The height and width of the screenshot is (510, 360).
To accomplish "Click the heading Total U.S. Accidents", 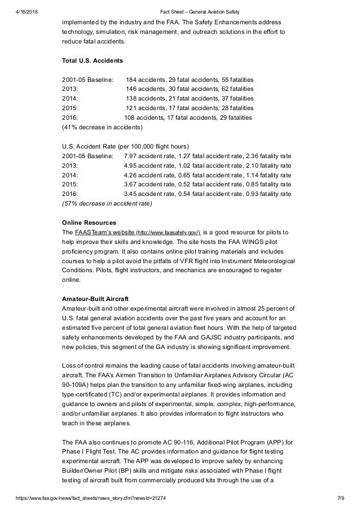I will [93, 59].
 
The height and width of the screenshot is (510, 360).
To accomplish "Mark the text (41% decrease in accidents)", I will [106, 127].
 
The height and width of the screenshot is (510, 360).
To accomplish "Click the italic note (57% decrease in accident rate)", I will [107, 203].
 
